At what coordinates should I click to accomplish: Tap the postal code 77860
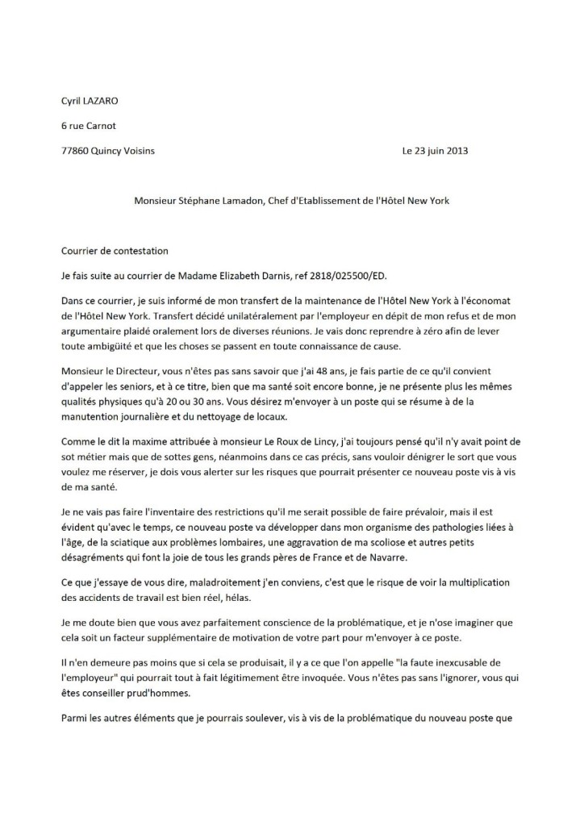pos(77,151)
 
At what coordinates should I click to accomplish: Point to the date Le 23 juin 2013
pos(434,151)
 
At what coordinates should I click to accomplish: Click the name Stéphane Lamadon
pos(213,200)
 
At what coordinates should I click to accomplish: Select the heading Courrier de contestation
pos(115,252)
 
